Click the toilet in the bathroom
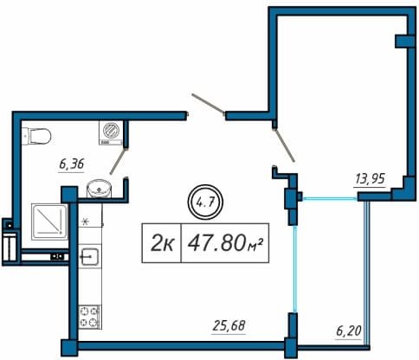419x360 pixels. (x=36, y=136)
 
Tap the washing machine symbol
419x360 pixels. (x=111, y=132)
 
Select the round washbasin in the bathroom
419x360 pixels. (x=99, y=189)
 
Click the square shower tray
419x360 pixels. (x=49, y=222)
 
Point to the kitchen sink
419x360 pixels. (x=90, y=256)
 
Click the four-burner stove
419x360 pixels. (x=90, y=317)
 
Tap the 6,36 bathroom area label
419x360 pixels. (x=71, y=164)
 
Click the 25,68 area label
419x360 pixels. (x=229, y=326)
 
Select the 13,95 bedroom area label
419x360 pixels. (x=370, y=179)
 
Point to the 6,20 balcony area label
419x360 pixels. (x=349, y=331)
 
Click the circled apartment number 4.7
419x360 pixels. (x=205, y=202)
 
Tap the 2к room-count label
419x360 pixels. (x=162, y=243)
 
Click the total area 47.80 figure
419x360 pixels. (x=216, y=243)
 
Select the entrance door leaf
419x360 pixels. (x=208, y=104)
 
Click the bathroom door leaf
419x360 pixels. (x=118, y=162)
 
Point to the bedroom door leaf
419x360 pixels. (x=284, y=145)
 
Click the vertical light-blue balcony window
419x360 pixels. (x=294, y=269)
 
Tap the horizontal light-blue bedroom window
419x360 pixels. (x=329, y=198)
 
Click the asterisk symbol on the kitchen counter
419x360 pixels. (x=85, y=222)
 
